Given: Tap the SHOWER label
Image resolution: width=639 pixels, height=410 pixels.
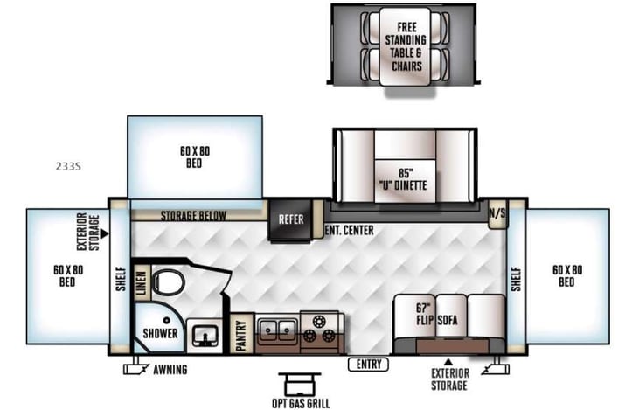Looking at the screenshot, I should [x=161, y=333].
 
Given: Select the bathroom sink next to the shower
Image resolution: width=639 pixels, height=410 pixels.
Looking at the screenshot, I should [x=207, y=333].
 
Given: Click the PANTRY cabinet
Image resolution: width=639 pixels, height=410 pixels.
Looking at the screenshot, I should [x=242, y=333].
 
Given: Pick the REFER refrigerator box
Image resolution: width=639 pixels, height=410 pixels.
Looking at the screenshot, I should [x=291, y=219].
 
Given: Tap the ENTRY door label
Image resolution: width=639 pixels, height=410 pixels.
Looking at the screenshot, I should [x=368, y=364].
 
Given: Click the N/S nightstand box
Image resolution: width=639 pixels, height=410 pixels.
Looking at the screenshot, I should [x=497, y=212].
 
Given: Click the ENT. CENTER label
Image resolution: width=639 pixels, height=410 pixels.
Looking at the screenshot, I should [x=349, y=231].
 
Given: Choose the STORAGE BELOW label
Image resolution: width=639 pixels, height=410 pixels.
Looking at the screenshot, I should [x=193, y=216].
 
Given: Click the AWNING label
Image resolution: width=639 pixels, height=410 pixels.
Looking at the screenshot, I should [x=170, y=370].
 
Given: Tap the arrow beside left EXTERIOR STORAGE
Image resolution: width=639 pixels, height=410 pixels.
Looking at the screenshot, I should [x=104, y=234].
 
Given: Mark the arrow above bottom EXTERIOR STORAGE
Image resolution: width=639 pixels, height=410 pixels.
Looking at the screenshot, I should [x=449, y=360].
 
